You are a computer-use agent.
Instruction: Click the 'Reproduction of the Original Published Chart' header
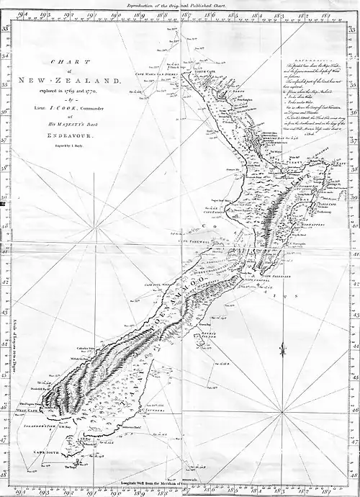click(x=181, y=4)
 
